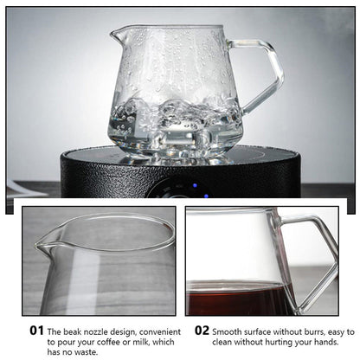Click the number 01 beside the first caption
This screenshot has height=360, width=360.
pos(36,331)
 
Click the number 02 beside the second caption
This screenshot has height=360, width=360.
pos(202,331)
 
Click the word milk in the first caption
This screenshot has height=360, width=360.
pos(138,342)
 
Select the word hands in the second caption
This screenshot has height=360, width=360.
pos(326,342)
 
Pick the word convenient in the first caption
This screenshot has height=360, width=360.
pos(160,331)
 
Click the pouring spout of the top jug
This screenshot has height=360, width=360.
pos(115,35)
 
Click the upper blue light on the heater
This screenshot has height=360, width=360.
pos(195,185)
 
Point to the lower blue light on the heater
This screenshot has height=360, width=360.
pos(206,196)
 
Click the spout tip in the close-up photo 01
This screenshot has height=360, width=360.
pos(36,245)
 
